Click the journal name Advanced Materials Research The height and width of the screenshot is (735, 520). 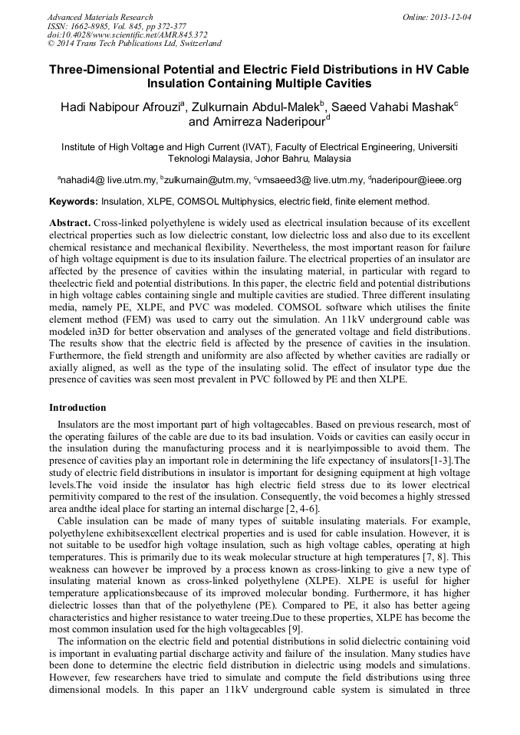pyautogui.click(x=100, y=17)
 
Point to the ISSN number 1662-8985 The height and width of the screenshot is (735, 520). pyautogui.click(x=94, y=26)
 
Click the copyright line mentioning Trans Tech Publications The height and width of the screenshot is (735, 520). pyautogui.click(x=134, y=44)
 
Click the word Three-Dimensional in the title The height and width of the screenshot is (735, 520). pyautogui.click(x=110, y=69)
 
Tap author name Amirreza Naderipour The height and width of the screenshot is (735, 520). pyautogui.click(x=256, y=121)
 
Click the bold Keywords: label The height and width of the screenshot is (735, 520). pyautogui.click(x=73, y=202)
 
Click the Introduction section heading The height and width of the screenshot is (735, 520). pyautogui.click(x=77, y=408)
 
